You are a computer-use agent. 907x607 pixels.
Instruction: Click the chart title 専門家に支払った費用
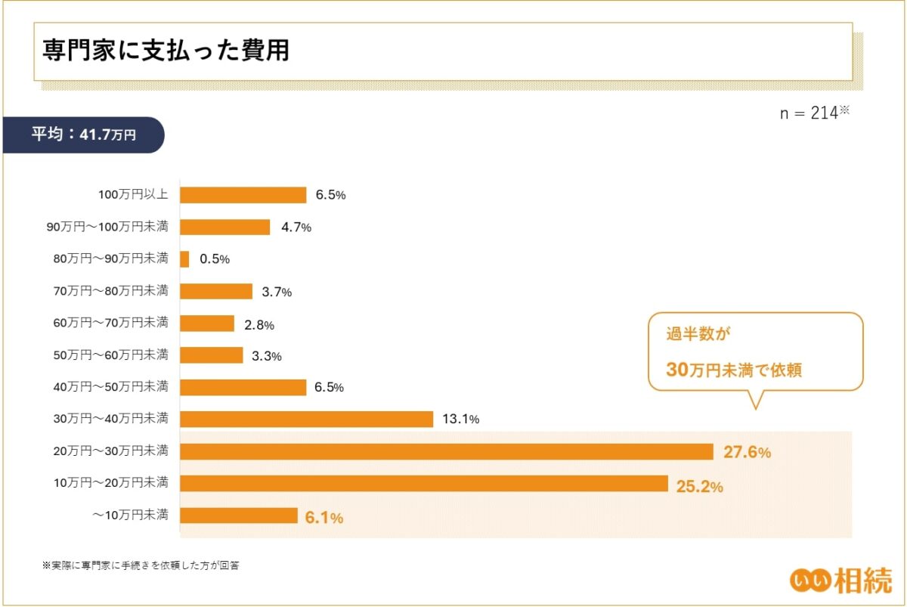(x=166, y=51)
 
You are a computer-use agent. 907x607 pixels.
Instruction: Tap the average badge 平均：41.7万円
(x=83, y=135)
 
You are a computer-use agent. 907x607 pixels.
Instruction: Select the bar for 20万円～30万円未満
(x=446, y=452)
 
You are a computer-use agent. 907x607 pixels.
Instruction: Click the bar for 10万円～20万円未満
(x=423, y=484)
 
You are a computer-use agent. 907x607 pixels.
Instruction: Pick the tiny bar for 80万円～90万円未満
(x=184, y=259)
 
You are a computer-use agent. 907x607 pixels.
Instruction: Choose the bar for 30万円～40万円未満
(x=306, y=420)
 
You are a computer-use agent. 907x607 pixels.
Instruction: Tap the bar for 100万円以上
(x=243, y=195)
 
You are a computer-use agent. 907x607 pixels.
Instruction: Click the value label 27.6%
(x=747, y=453)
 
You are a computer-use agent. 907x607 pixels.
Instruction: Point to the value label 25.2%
(x=700, y=486)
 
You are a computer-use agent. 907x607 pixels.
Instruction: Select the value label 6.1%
(x=324, y=518)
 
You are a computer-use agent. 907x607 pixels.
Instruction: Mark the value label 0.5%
(x=215, y=259)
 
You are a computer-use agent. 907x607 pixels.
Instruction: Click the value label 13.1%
(x=460, y=420)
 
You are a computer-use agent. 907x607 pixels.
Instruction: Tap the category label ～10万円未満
(x=130, y=516)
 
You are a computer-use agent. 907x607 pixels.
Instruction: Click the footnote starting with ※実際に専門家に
(x=141, y=565)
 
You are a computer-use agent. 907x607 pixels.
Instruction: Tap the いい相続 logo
(x=840, y=579)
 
